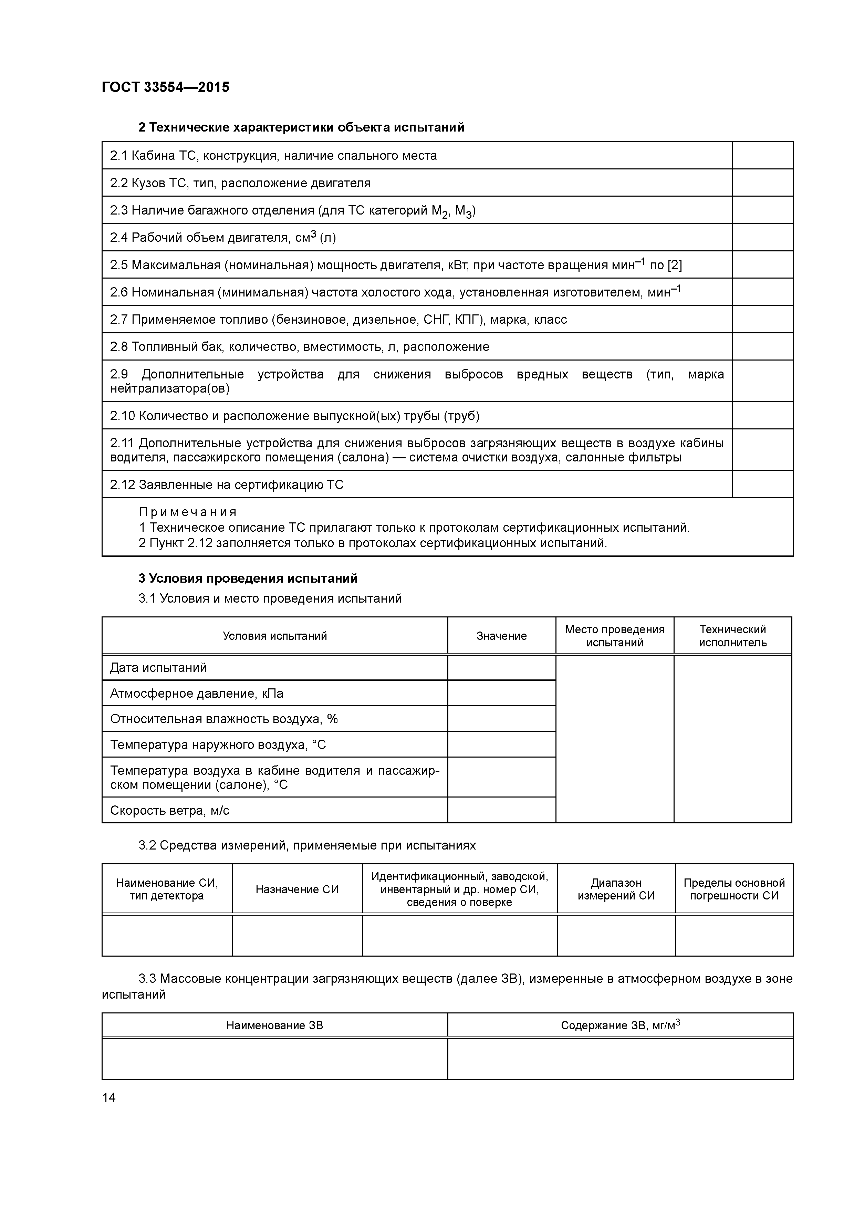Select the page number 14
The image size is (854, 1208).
pyautogui.click(x=109, y=1097)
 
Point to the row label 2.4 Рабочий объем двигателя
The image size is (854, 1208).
pyautogui.click(x=222, y=238)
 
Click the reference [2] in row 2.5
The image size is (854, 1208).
pyautogui.click(x=675, y=265)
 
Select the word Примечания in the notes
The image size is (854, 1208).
pyautogui.click(x=188, y=512)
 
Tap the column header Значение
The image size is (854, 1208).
pyautogui.click(x=501, y=636)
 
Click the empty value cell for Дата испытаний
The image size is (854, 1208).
pyautogui.click(x=501, y=668)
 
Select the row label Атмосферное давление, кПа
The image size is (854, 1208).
pyautogui.click(x=196, y=694)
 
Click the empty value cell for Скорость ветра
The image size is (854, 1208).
pyautogui.click(x=501, y=810)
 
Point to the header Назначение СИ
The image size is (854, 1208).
pyautogui.click(x=297, y=889)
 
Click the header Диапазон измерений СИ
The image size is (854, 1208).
pyautogui.click(x=616, y=889)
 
